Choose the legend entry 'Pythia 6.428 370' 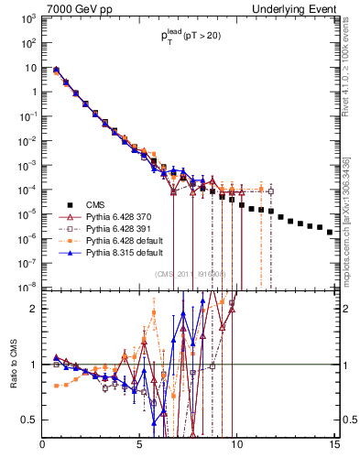pyautogui.click(x=112, y=217)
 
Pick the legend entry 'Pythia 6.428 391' pyautogui.click(x=112, y=228)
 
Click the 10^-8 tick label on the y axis pyautogui.click(x=27, y=287)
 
